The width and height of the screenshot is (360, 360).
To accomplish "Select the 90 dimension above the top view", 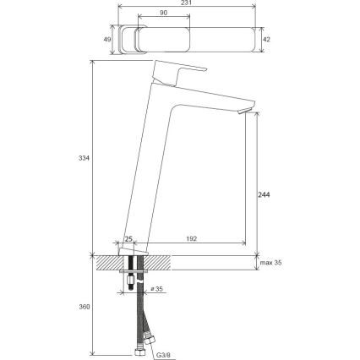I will [163, 14].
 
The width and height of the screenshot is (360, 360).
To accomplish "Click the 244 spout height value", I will [263, 194].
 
